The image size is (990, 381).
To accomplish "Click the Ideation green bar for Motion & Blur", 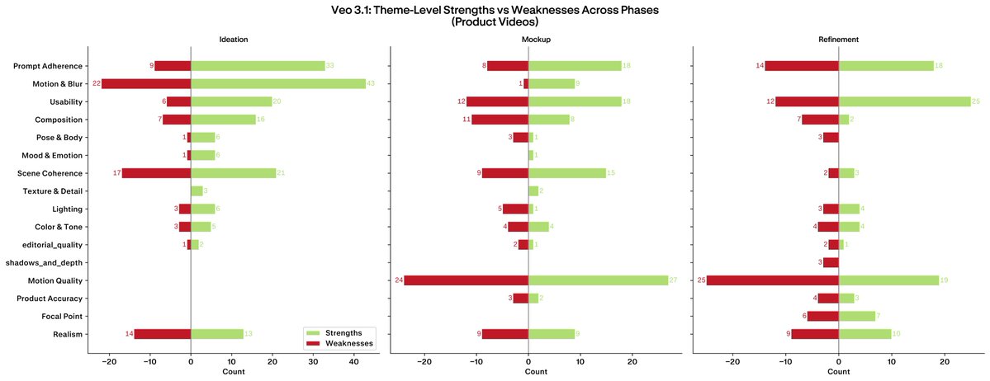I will point(277,84).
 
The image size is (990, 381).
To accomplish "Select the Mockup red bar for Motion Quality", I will point(466,280).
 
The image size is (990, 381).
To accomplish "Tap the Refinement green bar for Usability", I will point(904,101).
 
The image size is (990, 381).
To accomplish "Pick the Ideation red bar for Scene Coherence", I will point(156,173).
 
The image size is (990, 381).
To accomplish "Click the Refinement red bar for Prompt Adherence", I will point(801,66).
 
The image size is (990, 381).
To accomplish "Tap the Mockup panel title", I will point(537,39).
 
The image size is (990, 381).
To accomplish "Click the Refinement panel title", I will point(838,39).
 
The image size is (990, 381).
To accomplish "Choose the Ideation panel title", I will point(234,39).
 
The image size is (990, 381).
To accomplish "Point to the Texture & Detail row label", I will point(54,191).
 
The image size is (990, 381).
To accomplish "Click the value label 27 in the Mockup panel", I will point(674,280).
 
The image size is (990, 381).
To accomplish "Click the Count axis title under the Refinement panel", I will point(838,372).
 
